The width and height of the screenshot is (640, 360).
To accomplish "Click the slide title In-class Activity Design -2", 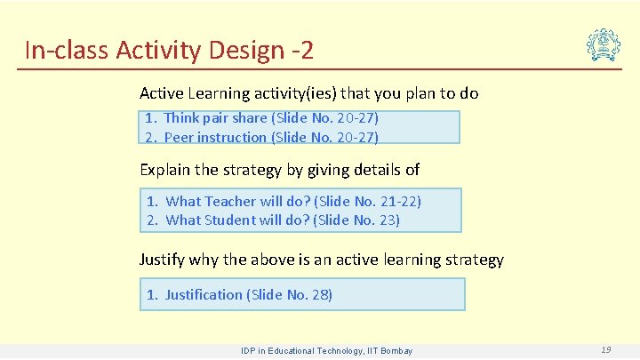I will [169, 50].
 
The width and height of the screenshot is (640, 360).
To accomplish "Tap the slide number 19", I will [605, 350].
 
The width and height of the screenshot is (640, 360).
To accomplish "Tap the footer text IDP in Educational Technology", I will [326, 351].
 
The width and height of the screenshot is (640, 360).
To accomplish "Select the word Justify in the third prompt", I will [162, 260].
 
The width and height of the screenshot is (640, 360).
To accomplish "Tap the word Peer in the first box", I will [179, 137].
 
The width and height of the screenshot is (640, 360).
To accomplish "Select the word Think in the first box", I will [182, 117].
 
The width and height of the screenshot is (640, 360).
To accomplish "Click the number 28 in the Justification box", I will [318, 294].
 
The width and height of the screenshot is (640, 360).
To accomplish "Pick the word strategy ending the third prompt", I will [472, 260].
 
